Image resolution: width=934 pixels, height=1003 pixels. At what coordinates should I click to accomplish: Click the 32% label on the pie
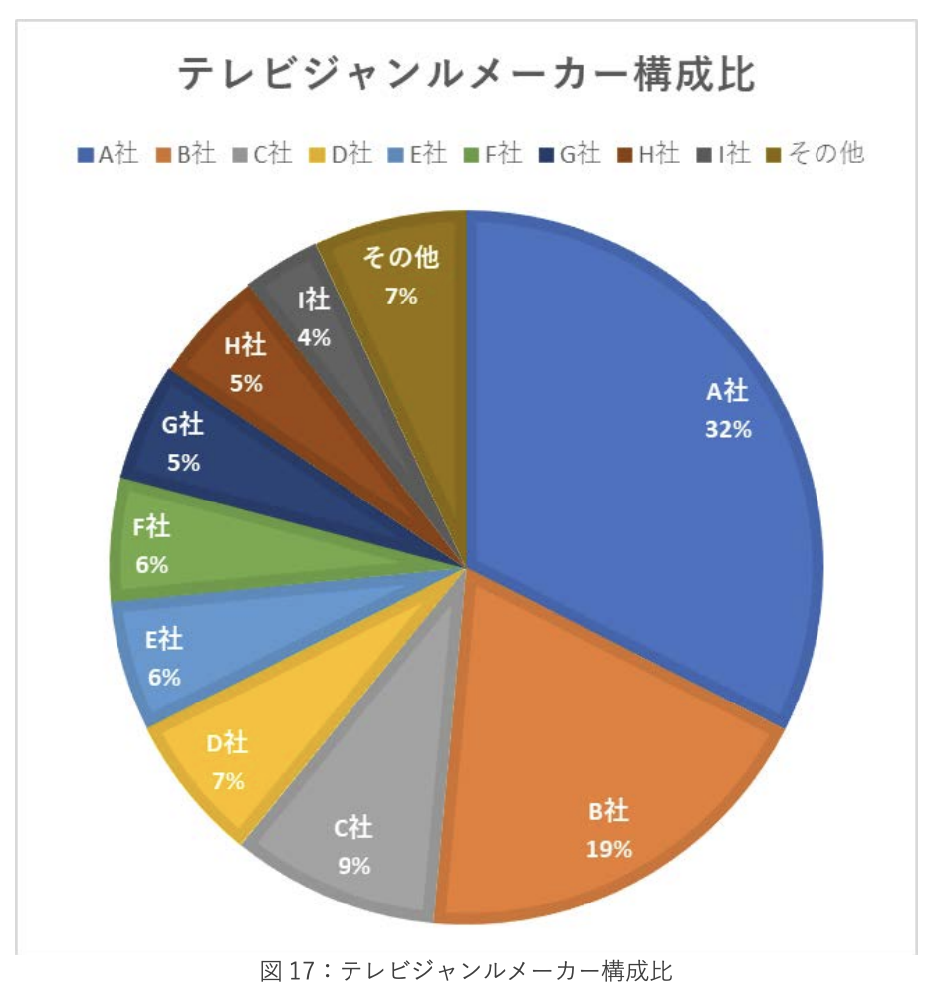coord(726,430)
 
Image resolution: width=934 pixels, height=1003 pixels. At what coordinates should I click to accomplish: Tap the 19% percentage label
coord(608,849)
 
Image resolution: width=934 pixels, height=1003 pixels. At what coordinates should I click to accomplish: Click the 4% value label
coord(314,337)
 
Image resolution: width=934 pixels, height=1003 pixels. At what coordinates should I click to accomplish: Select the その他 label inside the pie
coord(400,259)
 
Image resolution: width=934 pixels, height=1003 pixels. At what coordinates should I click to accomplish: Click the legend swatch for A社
coord(86,154)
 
